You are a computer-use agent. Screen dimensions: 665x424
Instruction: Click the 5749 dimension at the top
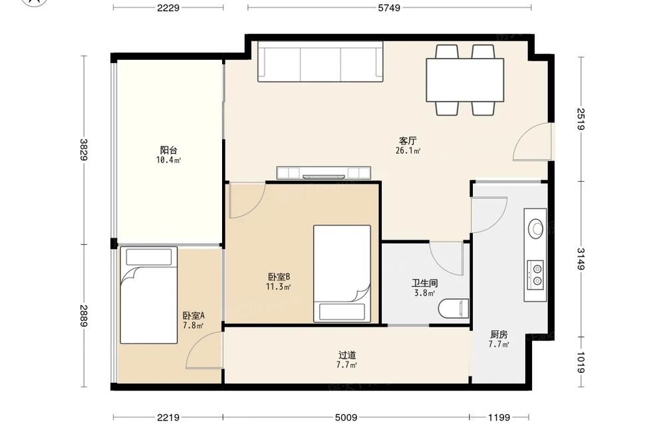389,7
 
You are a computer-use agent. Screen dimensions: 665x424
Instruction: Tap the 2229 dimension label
168,7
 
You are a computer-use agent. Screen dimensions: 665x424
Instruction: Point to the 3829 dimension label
84,150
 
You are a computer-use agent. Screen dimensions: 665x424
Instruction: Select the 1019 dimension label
581,363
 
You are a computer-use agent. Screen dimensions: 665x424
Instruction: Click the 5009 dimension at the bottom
346,417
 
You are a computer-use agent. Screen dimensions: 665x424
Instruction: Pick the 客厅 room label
408,140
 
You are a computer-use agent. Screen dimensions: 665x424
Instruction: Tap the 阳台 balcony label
168,150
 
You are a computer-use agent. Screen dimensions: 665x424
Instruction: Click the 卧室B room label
279,277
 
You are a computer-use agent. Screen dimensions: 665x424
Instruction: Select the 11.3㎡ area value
278,288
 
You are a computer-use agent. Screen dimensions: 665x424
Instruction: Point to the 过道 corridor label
347,355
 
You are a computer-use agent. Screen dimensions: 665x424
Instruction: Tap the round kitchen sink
536,228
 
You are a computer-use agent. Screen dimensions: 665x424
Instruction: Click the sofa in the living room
321,61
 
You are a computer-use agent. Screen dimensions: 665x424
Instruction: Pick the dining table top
465,80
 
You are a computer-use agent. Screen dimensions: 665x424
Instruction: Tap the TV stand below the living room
324,173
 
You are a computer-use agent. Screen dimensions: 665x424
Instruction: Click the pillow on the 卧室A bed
149,257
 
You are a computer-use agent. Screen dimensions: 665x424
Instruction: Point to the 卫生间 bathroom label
424,283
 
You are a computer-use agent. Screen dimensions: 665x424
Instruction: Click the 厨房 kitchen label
499,334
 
